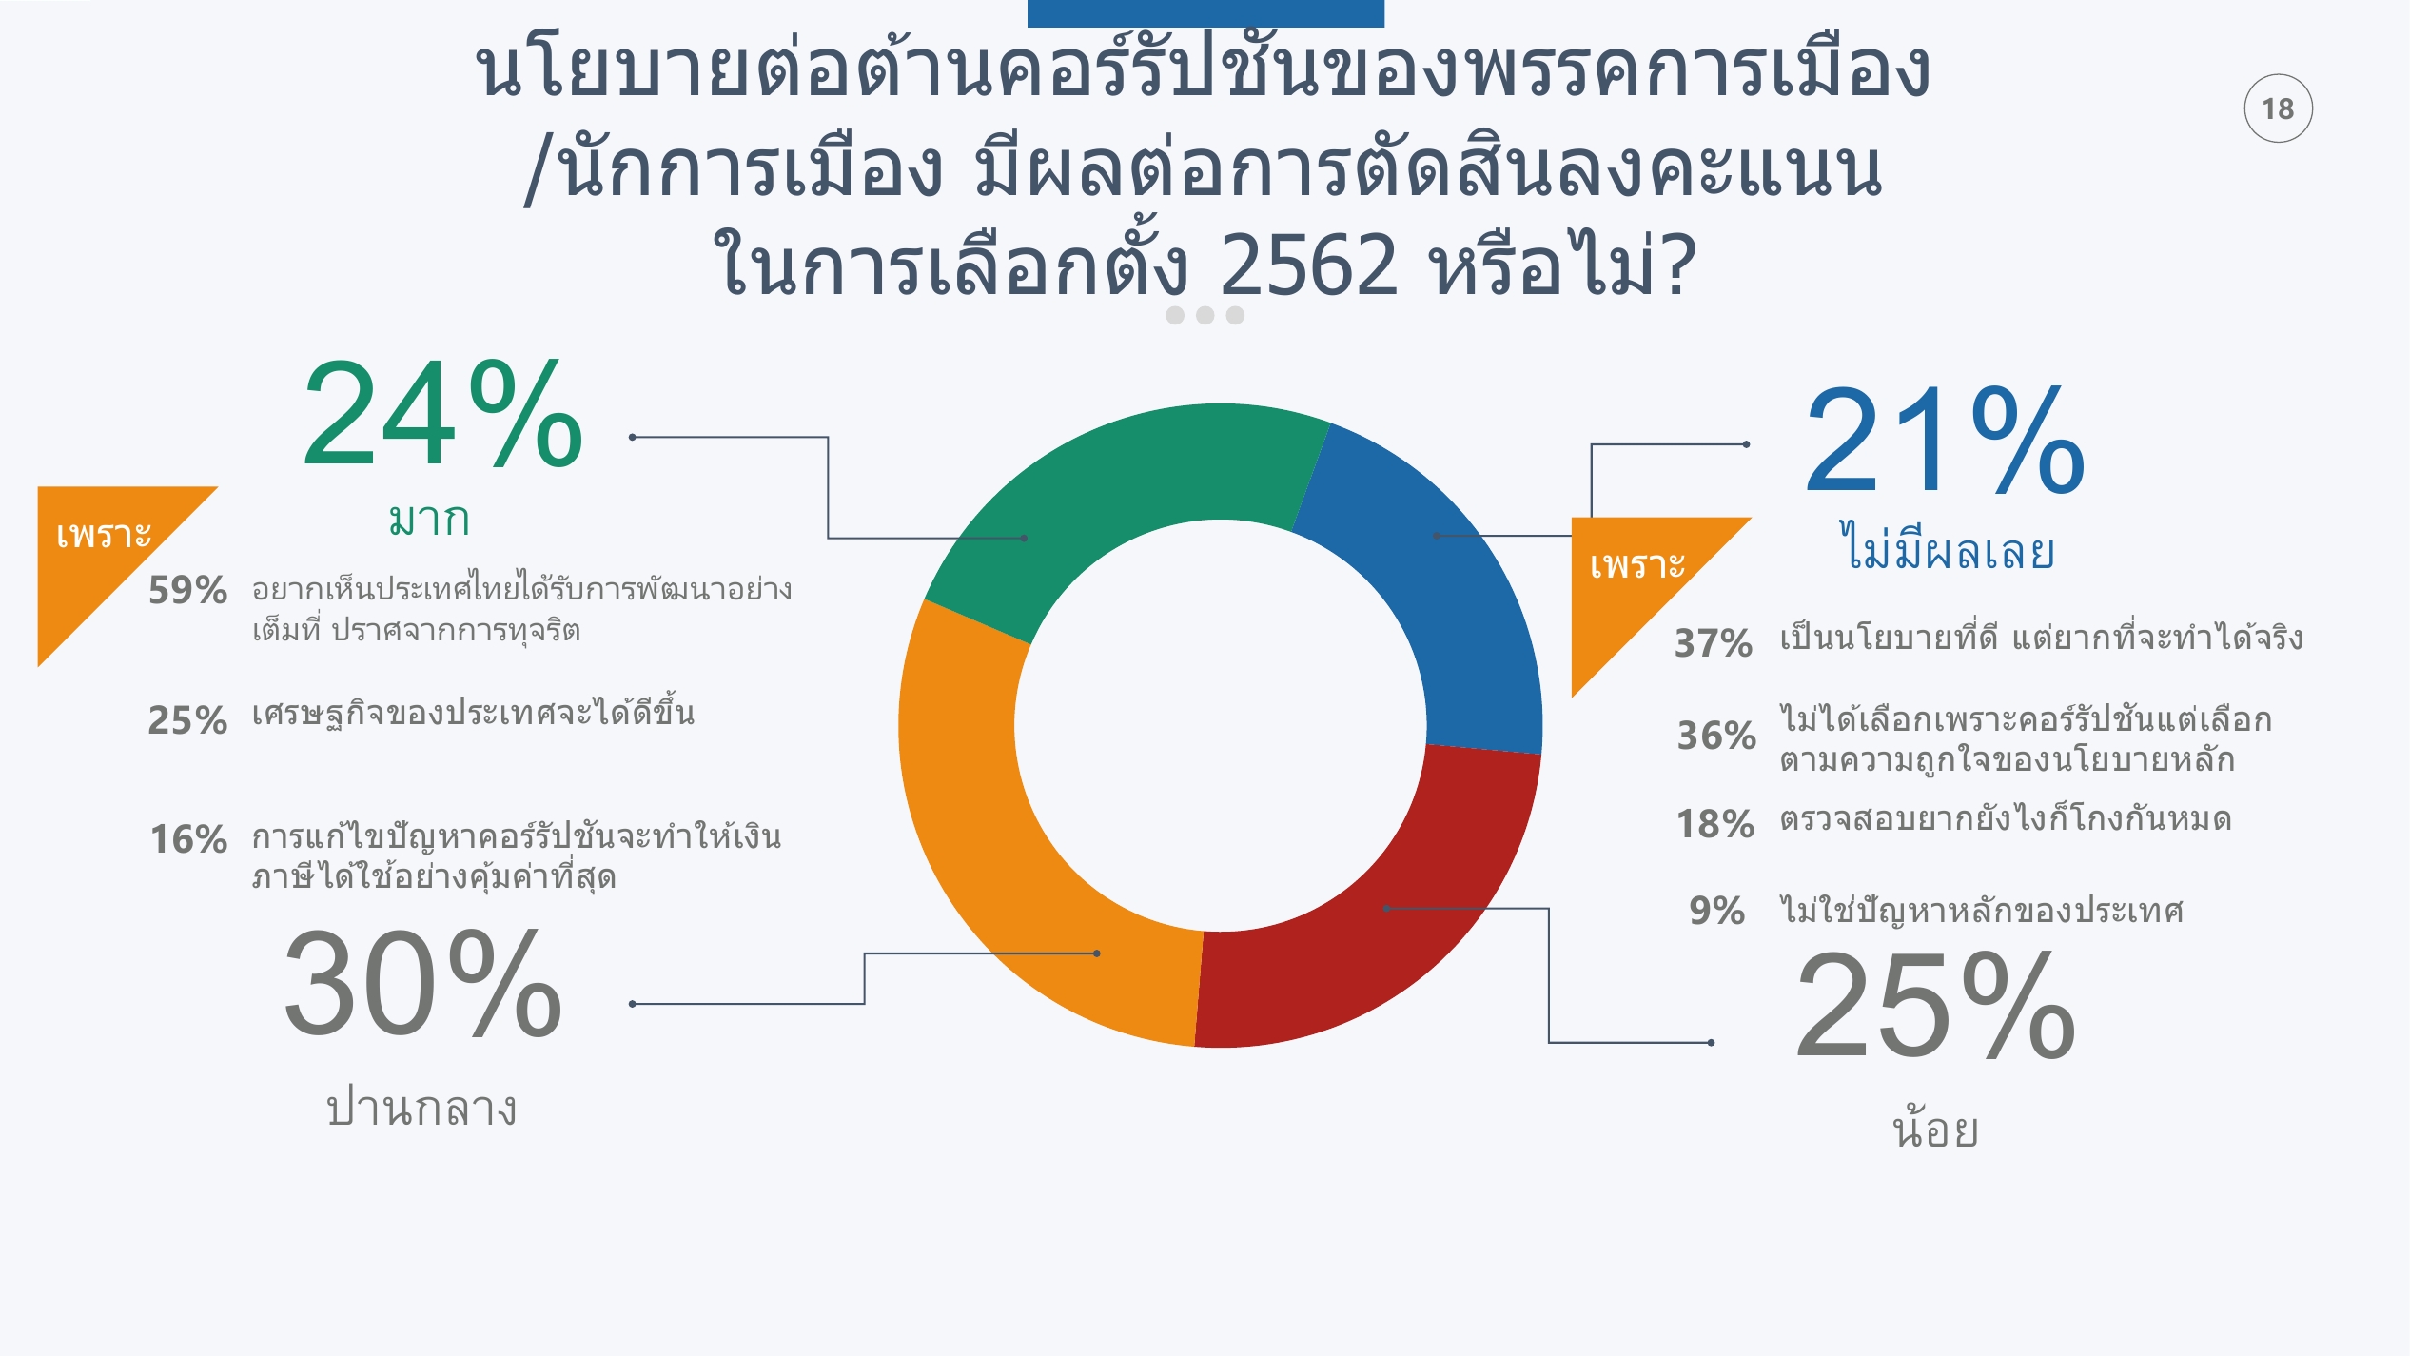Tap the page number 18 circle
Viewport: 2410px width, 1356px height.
click(x=2278, y=108)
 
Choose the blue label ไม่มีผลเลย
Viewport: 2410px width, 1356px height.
click(x=1947, y=546)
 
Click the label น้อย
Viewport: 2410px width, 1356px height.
click(x=1935, y=1128)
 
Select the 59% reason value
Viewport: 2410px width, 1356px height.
click(x=187, y=590)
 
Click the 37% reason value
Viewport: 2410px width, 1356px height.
click(x=1714, y=643)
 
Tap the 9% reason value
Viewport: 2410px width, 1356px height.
click(x=1717, y=911)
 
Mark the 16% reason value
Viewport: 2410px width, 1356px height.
click(x=188, y=839)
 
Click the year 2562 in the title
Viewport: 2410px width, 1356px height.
click(x=1308, y=265)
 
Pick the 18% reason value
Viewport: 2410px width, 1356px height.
click(x=1714, y=824)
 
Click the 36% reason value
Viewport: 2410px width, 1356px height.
click(x=1716, y=736)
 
